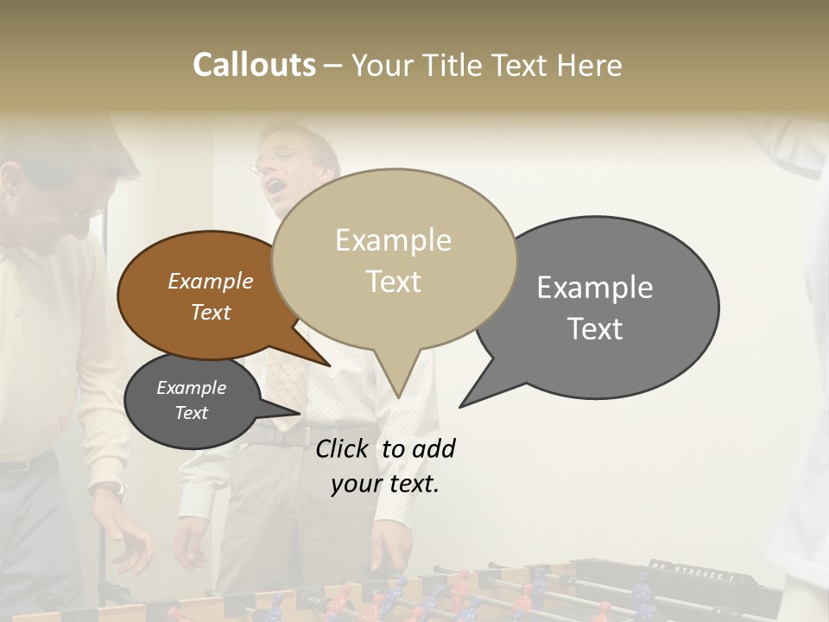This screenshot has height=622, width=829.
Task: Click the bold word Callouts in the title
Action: pyautogui.click(x=254, y=65)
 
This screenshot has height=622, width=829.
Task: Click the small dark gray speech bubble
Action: pyautogui.click(x=192, y=401)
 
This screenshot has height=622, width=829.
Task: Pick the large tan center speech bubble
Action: pyautogui.click(x=394, y=259)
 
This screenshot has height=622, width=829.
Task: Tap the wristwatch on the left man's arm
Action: pyautogui.click(x=111, y=490)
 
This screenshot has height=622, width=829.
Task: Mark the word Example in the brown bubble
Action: pyautogui.click(x=211, y=281)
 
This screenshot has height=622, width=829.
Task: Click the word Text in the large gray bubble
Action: pyautogui.click(x=595, y=328)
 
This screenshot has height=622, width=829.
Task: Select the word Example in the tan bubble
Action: pyautogui.click(x=393, y=239)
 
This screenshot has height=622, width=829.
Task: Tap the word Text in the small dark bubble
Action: pyautogui.click(x=192, y=413)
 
